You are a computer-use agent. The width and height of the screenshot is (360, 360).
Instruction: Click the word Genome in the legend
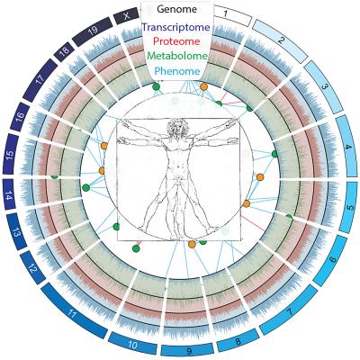point(176,9)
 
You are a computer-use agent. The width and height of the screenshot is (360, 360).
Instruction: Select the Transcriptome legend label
point(175,27)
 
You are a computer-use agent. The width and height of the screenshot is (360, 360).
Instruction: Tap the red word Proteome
point(176,41)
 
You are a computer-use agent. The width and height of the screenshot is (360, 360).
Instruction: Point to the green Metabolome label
point(177,56)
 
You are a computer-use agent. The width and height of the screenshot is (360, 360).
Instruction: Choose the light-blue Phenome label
point(177,71)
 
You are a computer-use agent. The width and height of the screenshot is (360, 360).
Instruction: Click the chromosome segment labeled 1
point(233,16)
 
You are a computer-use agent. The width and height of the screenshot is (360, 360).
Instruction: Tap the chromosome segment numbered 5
point(347,207)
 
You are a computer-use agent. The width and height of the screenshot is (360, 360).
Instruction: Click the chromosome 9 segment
point(187,350)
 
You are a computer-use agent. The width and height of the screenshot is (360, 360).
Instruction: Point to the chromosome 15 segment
point(11,154)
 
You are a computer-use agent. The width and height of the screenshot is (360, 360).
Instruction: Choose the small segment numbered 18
point(64,50)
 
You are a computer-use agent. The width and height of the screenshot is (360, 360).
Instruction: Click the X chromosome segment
point(128,16)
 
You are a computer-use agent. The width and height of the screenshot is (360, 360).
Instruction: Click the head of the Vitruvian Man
point(177,128)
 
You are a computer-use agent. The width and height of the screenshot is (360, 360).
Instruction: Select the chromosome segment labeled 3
point(325,86)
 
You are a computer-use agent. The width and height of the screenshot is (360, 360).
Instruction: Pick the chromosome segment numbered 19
point(93,31)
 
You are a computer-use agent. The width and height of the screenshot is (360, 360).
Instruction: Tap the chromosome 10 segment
point(132,344)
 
